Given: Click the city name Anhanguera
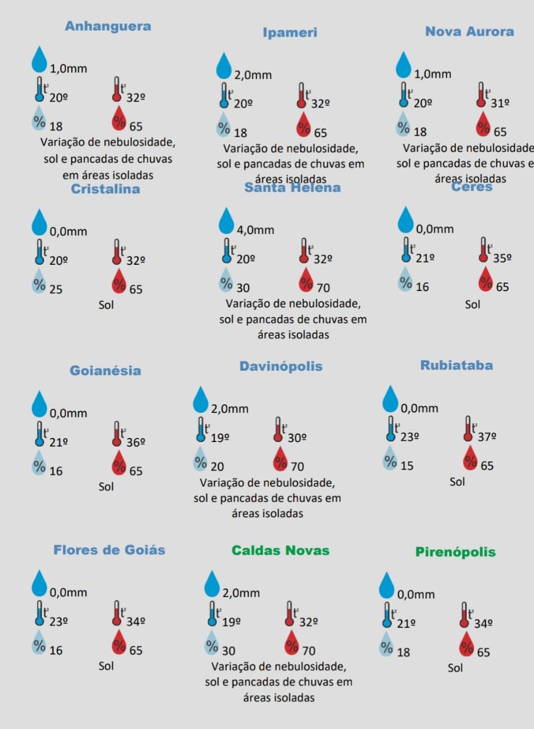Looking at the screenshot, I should pos(108,26).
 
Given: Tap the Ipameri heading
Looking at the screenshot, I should pos(290,33).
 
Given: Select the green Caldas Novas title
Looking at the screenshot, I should pos(280,551).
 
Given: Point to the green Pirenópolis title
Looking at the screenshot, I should pos(455,552).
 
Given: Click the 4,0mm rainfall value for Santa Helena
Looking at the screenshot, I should pos(256,230).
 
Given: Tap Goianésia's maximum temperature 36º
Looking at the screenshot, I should pos(136,441).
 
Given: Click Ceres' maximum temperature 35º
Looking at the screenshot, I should pos(502,257).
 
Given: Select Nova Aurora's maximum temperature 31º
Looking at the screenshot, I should pos(500,103).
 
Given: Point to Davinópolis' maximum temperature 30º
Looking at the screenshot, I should pos(297,438).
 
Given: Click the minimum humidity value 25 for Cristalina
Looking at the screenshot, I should pos(56,289).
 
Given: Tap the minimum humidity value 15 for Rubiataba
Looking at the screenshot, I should pos(407,466).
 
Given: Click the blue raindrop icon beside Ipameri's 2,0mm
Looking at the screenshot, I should pos(224,65).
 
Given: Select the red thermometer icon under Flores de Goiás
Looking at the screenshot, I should pos(117,613).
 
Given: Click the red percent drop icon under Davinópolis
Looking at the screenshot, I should pos(281,459).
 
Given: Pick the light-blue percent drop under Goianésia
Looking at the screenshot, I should pos(39,463).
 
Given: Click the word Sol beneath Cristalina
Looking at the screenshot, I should pos(106,305).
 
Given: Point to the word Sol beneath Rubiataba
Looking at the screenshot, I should pos(457,482).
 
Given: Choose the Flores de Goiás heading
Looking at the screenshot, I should pos(109,550).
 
